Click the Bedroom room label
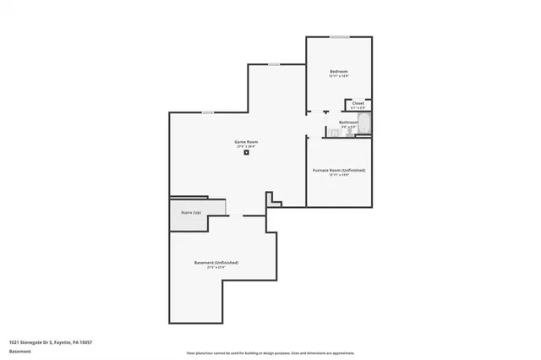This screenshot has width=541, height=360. tap(339, 71)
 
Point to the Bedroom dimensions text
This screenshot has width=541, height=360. tap(339, 76)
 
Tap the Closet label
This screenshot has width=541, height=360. tap(358, 103)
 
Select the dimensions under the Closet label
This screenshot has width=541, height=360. tap(358, 108)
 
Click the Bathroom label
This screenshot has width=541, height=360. tap(348, 123)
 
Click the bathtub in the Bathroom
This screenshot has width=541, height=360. tap(364, 128)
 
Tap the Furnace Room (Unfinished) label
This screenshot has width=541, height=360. tap(339, 170)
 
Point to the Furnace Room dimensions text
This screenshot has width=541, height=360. tap(339, 175)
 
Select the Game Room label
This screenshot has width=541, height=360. tap(246, 140)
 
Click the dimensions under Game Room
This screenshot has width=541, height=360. tap(246, 145)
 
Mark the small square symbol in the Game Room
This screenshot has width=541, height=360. tap(246, 153)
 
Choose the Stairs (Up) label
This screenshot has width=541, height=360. tap(191, 212)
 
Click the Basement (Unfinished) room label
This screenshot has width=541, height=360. tap(216, 263)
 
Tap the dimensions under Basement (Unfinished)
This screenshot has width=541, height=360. tap(216, 268)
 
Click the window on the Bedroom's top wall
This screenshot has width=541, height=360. tap(339, 36)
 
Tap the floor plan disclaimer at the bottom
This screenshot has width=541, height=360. tap(270, 352)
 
